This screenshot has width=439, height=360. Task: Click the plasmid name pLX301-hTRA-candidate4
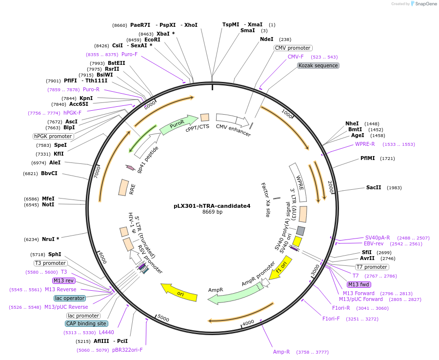[x=212, y=206]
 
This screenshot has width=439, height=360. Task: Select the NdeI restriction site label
[x=266, y=39]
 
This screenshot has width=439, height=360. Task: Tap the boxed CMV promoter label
[x=293, y=48]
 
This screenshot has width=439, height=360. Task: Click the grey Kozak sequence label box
[x=318, y=65]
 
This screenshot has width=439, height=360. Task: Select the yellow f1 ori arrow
[x=281, y=268]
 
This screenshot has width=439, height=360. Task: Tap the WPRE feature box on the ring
[x=298, y=182]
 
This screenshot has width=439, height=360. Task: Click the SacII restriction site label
[x=373, y=187]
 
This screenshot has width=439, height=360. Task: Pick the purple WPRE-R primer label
[x=365, y=144]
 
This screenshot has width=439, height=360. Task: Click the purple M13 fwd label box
[x=359, y=284]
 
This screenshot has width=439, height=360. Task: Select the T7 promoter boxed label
[x=372, y=267]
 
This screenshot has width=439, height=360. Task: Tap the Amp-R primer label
[x=281, y=352]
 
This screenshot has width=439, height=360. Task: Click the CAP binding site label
[x=86, y=323]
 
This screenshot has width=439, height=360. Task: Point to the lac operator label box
[x=70, y=298]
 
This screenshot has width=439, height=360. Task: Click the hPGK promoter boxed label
[x=53, y=136]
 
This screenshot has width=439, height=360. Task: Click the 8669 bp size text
[x=212, y=212]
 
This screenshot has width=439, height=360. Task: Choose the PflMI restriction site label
[x=367, y=158]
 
